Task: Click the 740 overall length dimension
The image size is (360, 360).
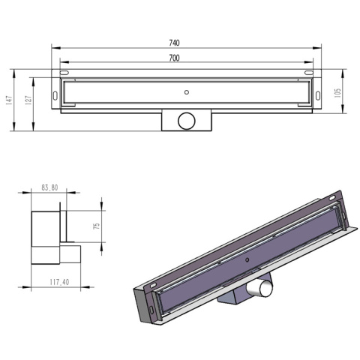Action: (175, 43)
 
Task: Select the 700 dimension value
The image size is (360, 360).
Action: (174, 58)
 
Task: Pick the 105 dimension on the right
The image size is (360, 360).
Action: (338, 92)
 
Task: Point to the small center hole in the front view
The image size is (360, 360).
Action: (185, 92)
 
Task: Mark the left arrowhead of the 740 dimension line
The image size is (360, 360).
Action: (54, 49)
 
